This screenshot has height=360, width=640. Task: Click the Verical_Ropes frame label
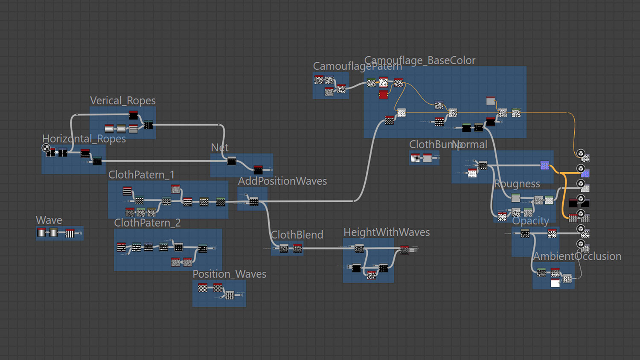123,101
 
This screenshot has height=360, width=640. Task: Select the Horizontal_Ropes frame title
84,139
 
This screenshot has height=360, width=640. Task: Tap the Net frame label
220,148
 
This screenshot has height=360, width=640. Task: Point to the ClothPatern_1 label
141,175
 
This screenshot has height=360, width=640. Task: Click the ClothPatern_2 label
147,223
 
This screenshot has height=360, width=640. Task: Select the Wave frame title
49,221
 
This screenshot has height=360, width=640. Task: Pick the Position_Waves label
229,274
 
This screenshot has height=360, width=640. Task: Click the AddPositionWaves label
282,181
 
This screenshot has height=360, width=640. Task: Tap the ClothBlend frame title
297,235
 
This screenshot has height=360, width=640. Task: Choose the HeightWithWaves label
387,232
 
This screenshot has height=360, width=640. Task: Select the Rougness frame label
517,184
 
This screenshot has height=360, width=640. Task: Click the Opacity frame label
530,221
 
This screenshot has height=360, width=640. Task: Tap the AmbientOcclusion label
577,256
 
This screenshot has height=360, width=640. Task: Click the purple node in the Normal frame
544,165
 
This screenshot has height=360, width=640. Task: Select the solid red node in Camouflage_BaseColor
383,95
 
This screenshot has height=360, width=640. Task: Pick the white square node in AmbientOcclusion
555,283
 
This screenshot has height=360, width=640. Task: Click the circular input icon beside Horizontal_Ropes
46,148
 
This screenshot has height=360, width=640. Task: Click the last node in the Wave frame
70,233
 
